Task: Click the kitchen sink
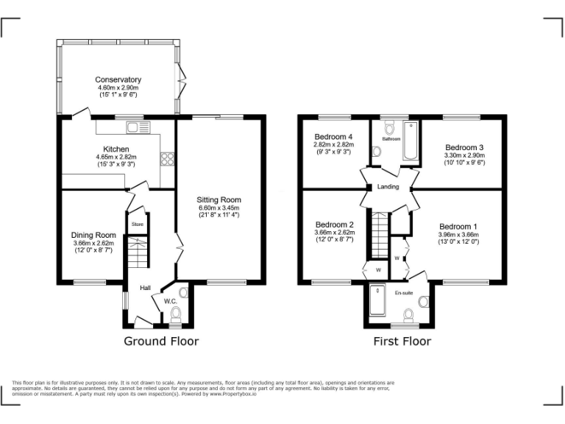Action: click(x=138, y=127)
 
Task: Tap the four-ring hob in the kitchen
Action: click(x=167, y=158)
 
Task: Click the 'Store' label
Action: click(x=137, y=224)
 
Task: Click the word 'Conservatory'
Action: click(x=118, y=79)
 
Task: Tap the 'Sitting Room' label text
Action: click(x=218, y=199)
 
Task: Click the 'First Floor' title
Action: click(x=402, y=341)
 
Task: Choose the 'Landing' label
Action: click(x=388, y=187)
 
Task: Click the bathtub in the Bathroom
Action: click(x=409, y=143)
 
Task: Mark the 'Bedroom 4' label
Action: click(x=334, y=137)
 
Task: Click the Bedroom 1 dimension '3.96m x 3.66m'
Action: click(x=458, y=234)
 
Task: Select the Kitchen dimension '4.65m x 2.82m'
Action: click(x=117, y=158)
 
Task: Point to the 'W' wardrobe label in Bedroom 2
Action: click(x=379, y=270)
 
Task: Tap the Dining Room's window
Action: click(x=89, y=281)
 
